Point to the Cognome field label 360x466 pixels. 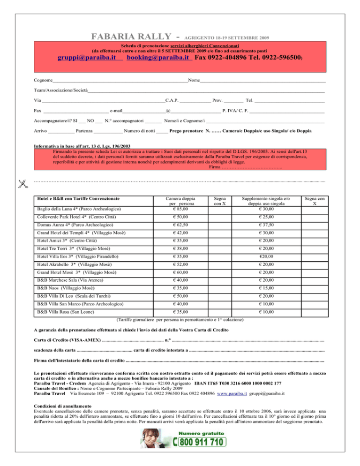click(x=43, y=80)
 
